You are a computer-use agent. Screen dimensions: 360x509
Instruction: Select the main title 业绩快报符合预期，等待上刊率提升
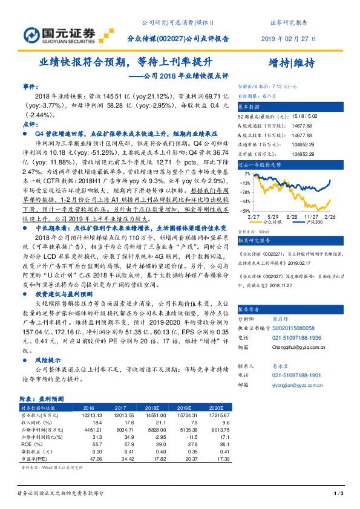coord(126,62)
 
